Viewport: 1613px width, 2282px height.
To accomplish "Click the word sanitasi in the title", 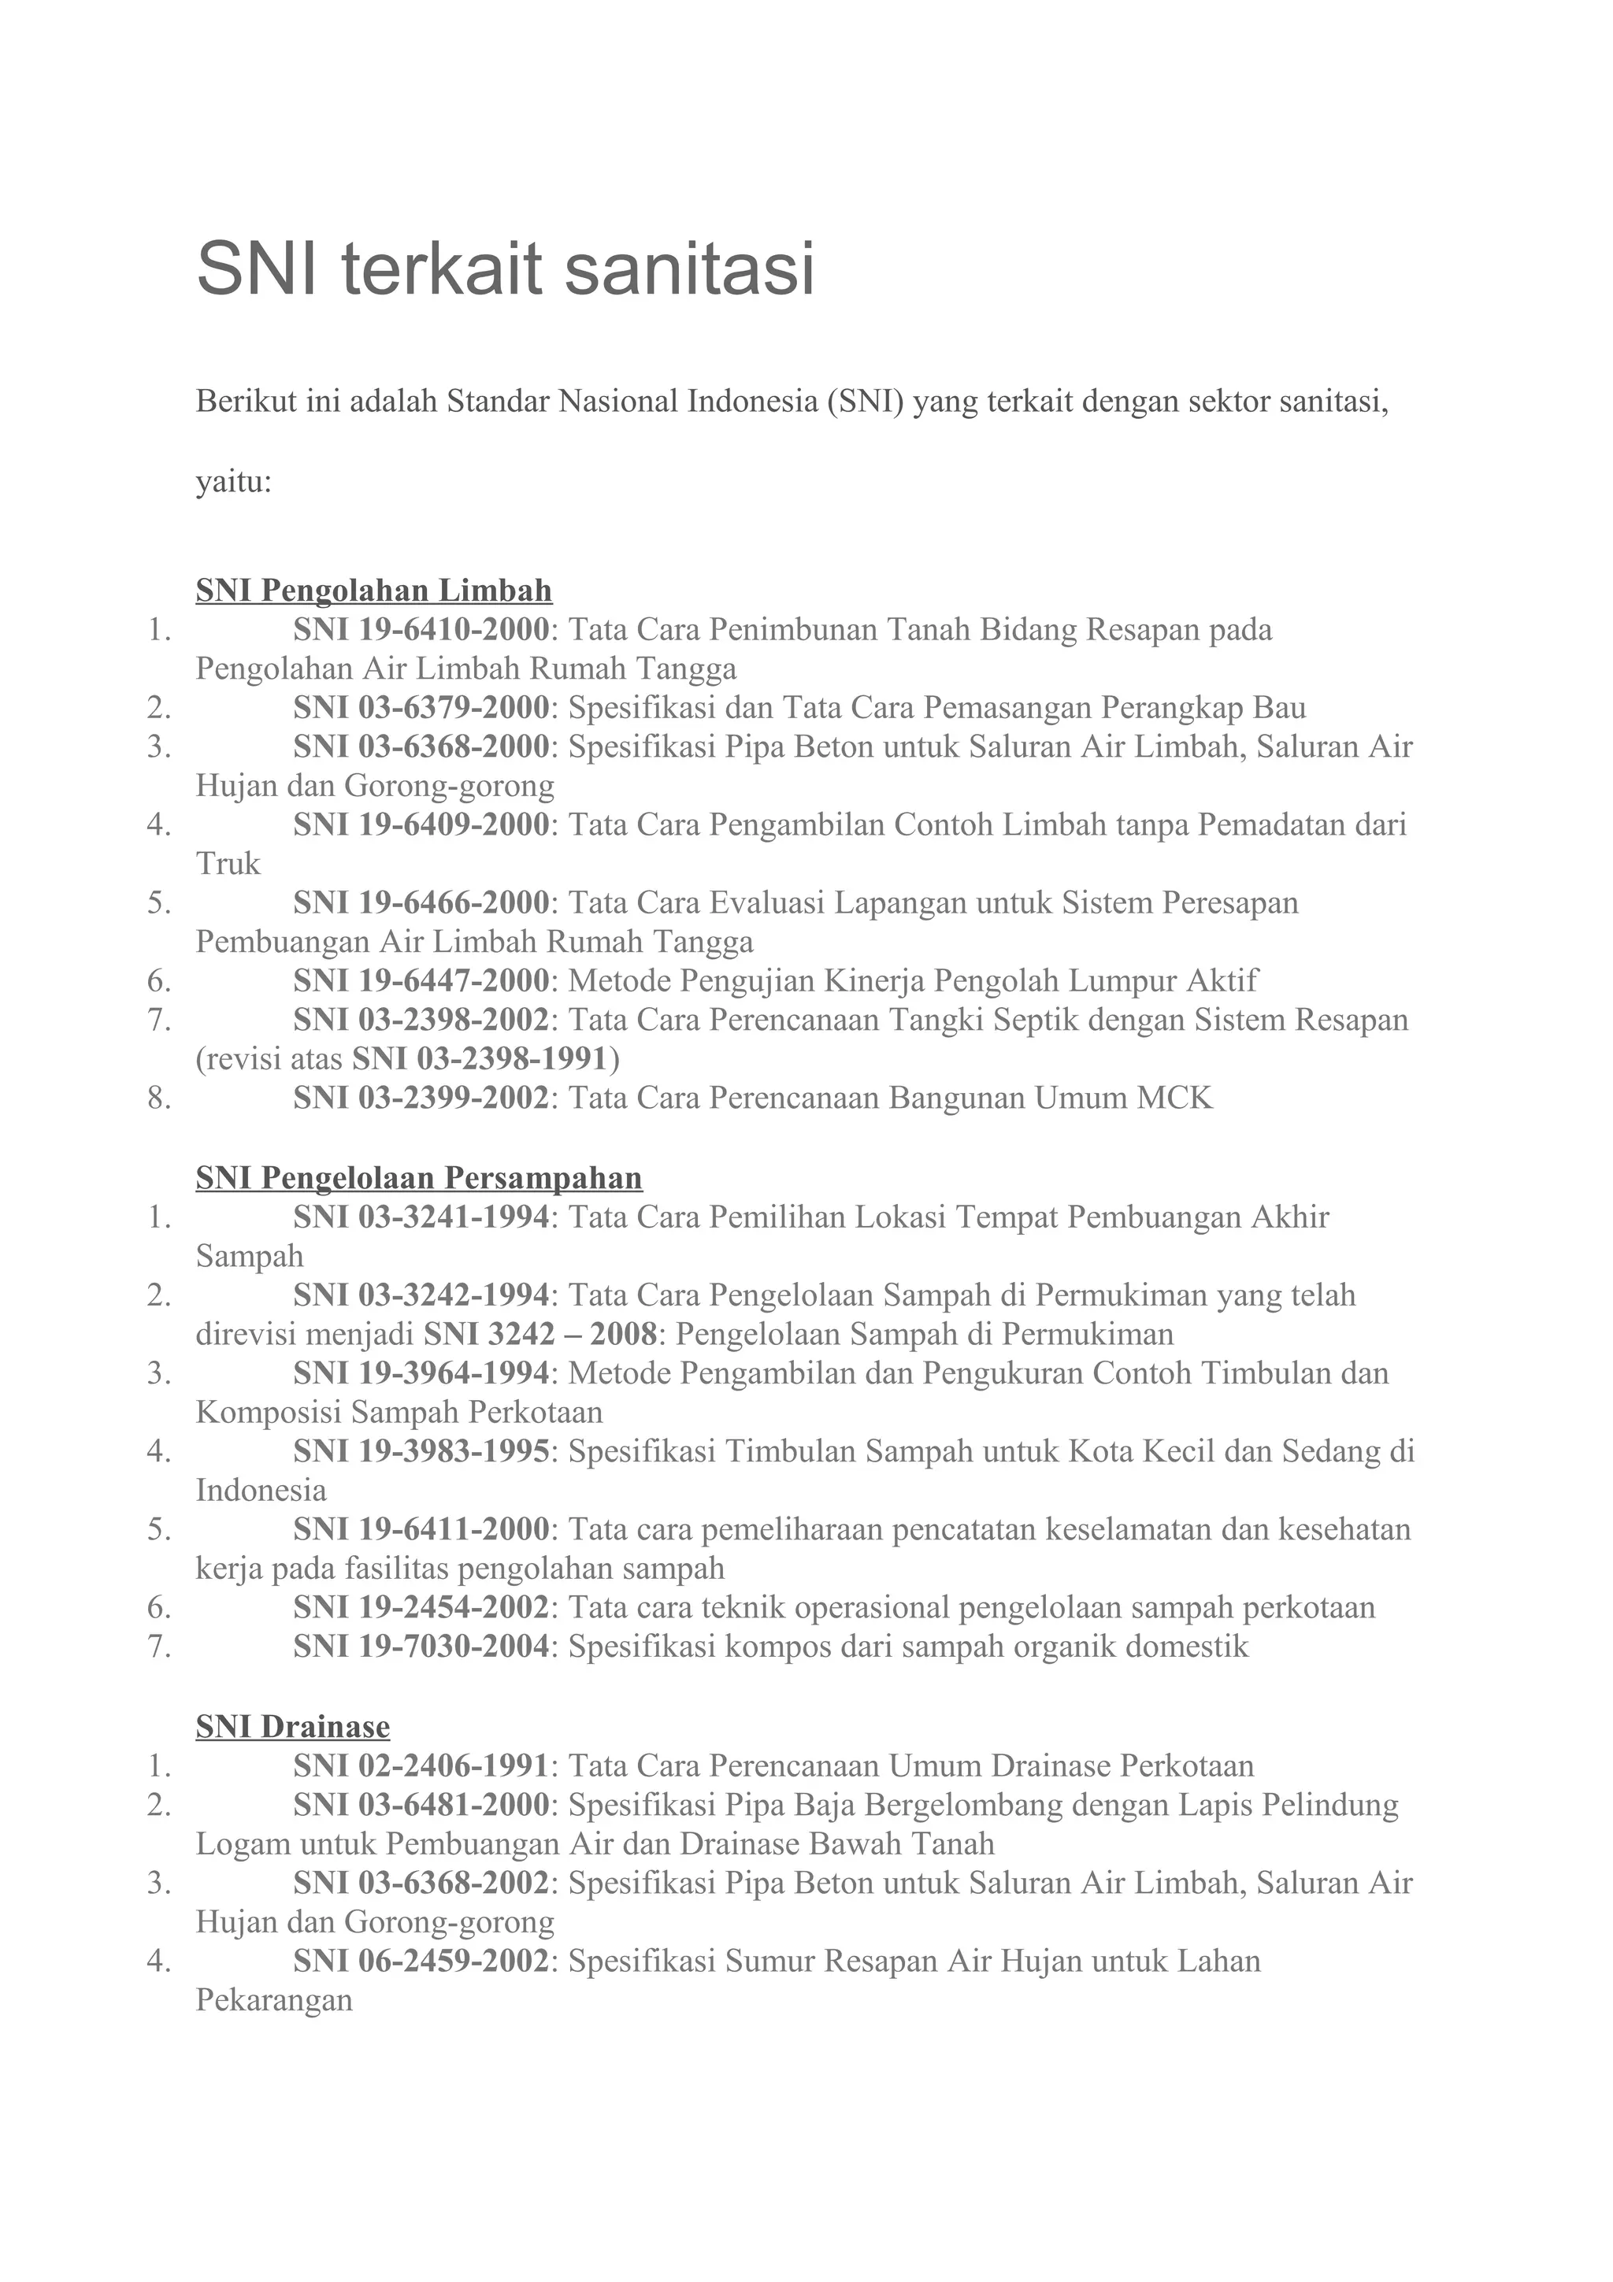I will pos(690,269).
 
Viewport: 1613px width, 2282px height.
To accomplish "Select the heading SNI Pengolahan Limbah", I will pos(373,591).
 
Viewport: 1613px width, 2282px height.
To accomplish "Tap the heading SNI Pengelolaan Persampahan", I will pos(418,1178).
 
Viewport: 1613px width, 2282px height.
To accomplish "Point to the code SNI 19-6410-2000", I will pos(421,629).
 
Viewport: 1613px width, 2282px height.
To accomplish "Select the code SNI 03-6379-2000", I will pos(421,708).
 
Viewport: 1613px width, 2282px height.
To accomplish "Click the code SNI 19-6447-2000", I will pos(421,981).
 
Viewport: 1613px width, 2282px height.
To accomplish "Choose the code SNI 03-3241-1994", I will pos(421,1217).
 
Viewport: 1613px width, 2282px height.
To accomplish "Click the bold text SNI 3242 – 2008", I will pos(540,1334).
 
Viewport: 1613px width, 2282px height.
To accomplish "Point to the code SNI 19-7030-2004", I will pos(421,1647).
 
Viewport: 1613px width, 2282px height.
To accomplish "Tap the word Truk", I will pos(228,864).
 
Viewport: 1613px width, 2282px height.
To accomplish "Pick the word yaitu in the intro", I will pos(232,484).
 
